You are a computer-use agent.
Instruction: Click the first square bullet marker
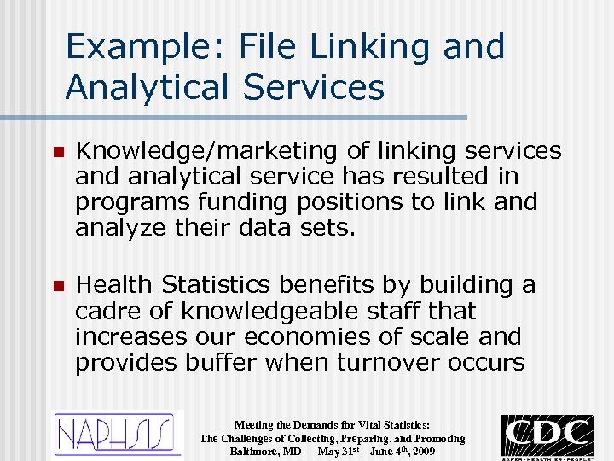click(57, 152)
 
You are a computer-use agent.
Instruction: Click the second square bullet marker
click(57, 286)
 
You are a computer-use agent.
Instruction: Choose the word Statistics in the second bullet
click(223, 284)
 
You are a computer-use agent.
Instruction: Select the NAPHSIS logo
click(118, 434)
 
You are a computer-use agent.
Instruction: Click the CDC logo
click(547, 435)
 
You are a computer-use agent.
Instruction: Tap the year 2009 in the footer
click(422, 451)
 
